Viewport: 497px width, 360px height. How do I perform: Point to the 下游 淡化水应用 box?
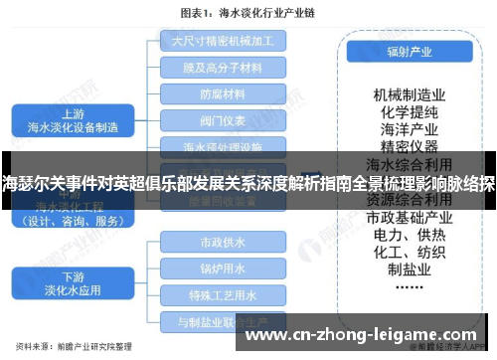tap(74, 283)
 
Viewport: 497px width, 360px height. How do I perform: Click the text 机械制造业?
tap(409, 93)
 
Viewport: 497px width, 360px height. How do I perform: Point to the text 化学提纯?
tap(409, 111)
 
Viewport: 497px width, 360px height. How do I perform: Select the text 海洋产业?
tap(409, 129)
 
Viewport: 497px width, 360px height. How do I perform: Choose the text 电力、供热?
tap(409, 236)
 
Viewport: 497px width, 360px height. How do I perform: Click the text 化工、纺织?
tap(409, 254)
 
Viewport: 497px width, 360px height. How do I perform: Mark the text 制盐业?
tap(409, 271)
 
